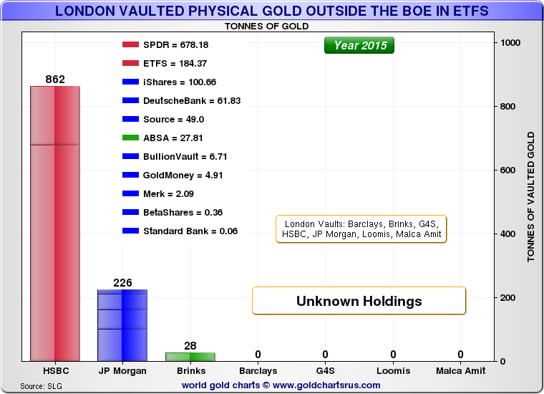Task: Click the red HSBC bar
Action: tap(55, 224)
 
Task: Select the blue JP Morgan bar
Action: tap(122, 325)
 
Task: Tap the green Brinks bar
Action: tap(190, 356)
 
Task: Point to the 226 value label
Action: tap(122, 282)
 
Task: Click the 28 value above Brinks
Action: tap(190, 346)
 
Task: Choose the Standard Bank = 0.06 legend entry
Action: tap(180, 231)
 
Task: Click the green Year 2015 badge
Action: tap(360, 46)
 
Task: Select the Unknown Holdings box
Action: tap(359, 301)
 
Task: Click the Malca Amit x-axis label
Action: tap(460, 371)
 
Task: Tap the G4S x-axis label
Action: tap(325, 371)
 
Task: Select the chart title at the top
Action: tap(272, 11)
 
